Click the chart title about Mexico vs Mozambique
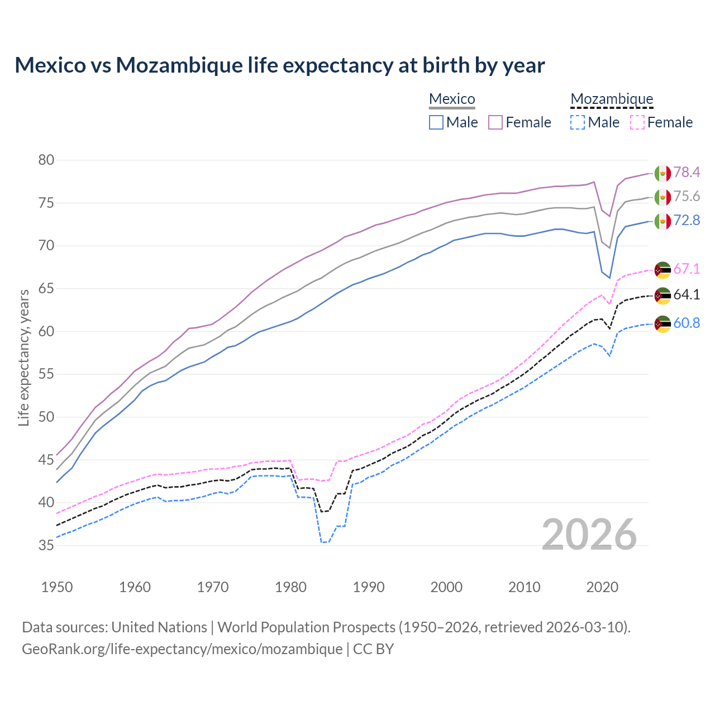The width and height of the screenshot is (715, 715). (279, 65)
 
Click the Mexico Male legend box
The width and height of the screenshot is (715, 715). (436, 122)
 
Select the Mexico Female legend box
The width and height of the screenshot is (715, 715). (495, 122)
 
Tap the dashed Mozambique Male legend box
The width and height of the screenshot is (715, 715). (578, 122)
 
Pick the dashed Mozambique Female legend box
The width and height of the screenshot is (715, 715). (637, 122)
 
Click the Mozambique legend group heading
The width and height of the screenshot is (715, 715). (612, 99)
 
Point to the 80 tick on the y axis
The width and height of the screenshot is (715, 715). (46, 160)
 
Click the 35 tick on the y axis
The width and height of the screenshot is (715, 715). (46, 545)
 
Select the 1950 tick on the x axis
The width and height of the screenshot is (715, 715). (57, 587)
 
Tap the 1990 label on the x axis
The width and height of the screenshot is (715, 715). (369, 587)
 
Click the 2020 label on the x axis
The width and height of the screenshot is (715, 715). (602, 587)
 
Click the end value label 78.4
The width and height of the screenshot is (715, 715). (687, 173)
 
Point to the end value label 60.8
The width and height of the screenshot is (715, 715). (687, 323)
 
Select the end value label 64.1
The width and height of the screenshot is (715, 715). (687, 294)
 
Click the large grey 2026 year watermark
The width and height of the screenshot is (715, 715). (589, 535)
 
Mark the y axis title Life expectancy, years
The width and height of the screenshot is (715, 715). (23, 357)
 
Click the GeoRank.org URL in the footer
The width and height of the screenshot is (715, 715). (182, 649)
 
